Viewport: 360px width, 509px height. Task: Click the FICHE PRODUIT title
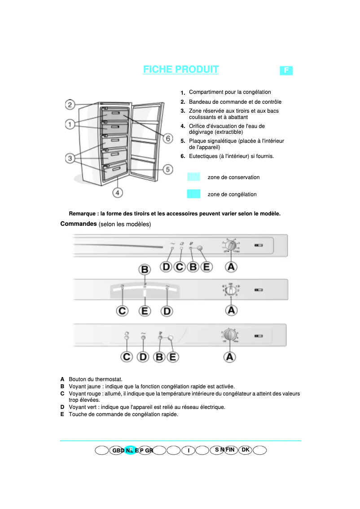coord(181,70)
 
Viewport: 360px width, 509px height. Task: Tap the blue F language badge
coord(286,70)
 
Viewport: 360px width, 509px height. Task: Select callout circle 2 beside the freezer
coord(70,105)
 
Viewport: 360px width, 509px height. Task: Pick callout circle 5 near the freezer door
coord(167,169)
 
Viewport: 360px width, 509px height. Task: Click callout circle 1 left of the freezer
coord(70,124)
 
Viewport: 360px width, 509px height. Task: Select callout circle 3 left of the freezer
coord(70,158)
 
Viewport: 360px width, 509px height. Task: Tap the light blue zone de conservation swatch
coord(193,177)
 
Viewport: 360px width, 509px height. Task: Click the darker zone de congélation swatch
coord(193,194)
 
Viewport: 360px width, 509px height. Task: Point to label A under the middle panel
coord(231,310)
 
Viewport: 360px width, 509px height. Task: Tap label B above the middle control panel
coord(145,270)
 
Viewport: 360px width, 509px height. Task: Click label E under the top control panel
coord(206,267)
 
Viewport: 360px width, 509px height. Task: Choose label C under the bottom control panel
coord(127,357)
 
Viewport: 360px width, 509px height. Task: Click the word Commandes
coord(79,224)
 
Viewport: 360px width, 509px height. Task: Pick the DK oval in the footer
coord(245,450)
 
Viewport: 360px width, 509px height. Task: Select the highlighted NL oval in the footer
coord(130,450)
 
